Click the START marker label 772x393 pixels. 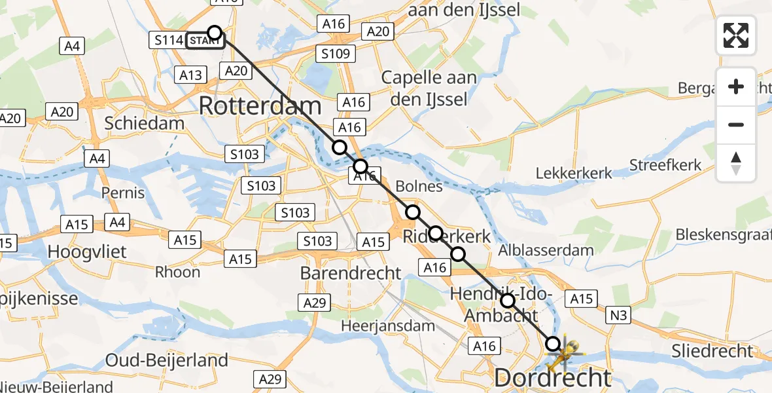(204, 41)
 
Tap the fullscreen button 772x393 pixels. (736, 35)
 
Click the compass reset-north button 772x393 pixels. (736, 163)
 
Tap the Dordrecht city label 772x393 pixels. (553, 378)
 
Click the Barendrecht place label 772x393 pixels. (351, 273)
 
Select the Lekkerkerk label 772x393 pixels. (574, 174)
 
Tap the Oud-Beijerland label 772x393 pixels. (167, 360)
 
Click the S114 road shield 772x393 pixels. (168, 41)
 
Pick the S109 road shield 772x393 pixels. (336, 54)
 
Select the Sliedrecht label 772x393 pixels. (712, 351)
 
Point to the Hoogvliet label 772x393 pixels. (82, 252)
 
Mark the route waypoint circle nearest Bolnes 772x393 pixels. (413, 212)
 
